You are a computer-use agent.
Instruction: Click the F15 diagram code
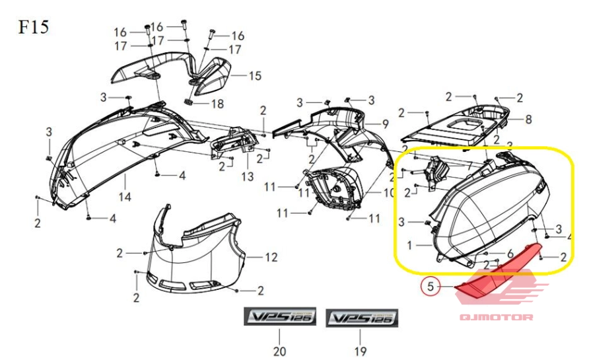click(32, 28)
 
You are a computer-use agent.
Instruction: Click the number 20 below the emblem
click(279, 351)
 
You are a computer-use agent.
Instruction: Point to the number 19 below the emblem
click(360, 351)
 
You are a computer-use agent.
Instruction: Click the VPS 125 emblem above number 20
click(280, 318)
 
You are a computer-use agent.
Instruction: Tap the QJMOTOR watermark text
click(496, 318)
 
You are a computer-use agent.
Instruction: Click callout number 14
click(125, 196)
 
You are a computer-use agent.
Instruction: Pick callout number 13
click(246, 177)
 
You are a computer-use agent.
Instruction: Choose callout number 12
click(271, 256)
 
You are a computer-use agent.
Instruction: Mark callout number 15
click(254, 76)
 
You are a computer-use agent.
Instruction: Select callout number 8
click(528, 120)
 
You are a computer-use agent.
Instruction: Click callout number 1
click(410, 245)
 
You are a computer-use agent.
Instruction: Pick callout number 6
click(509, 254)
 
